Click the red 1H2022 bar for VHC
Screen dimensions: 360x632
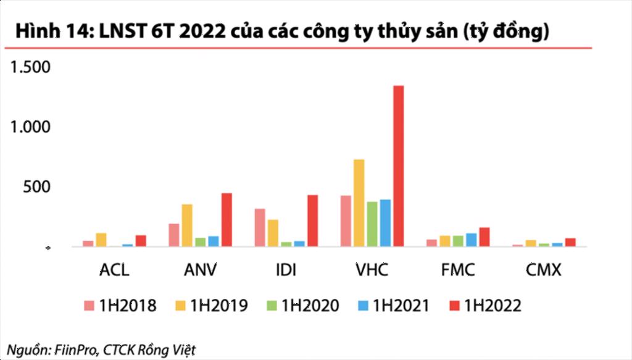(399, 166)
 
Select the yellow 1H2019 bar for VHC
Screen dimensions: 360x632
(359, 203)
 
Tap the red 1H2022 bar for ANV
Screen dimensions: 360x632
(227, 220)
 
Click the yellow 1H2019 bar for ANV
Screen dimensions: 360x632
(187, 225)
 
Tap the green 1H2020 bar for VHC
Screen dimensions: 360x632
(372, 224)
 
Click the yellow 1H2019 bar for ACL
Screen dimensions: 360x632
(101, 240)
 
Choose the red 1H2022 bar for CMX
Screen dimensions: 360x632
(570, 243)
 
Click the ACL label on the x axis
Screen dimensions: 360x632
(114, 270)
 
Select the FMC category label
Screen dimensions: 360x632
(458, 270)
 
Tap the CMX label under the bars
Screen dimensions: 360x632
(544, 270)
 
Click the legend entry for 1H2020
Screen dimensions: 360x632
(302, 305)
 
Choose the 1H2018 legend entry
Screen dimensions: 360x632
(120, 305)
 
